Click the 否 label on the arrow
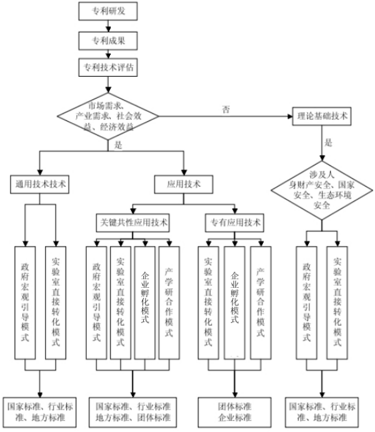point(226,109)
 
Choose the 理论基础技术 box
point(324,115)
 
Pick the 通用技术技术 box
point(41,184)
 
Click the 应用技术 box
point(185,184)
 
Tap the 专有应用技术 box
point(234,222)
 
